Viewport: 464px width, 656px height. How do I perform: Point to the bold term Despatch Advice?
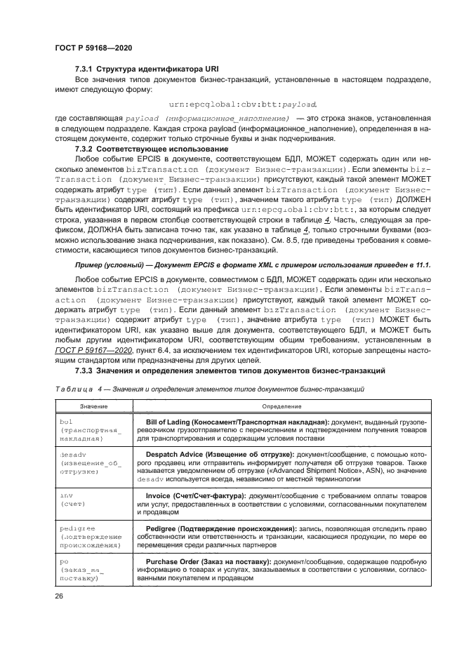pyautogui.click(x=180, y=455)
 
